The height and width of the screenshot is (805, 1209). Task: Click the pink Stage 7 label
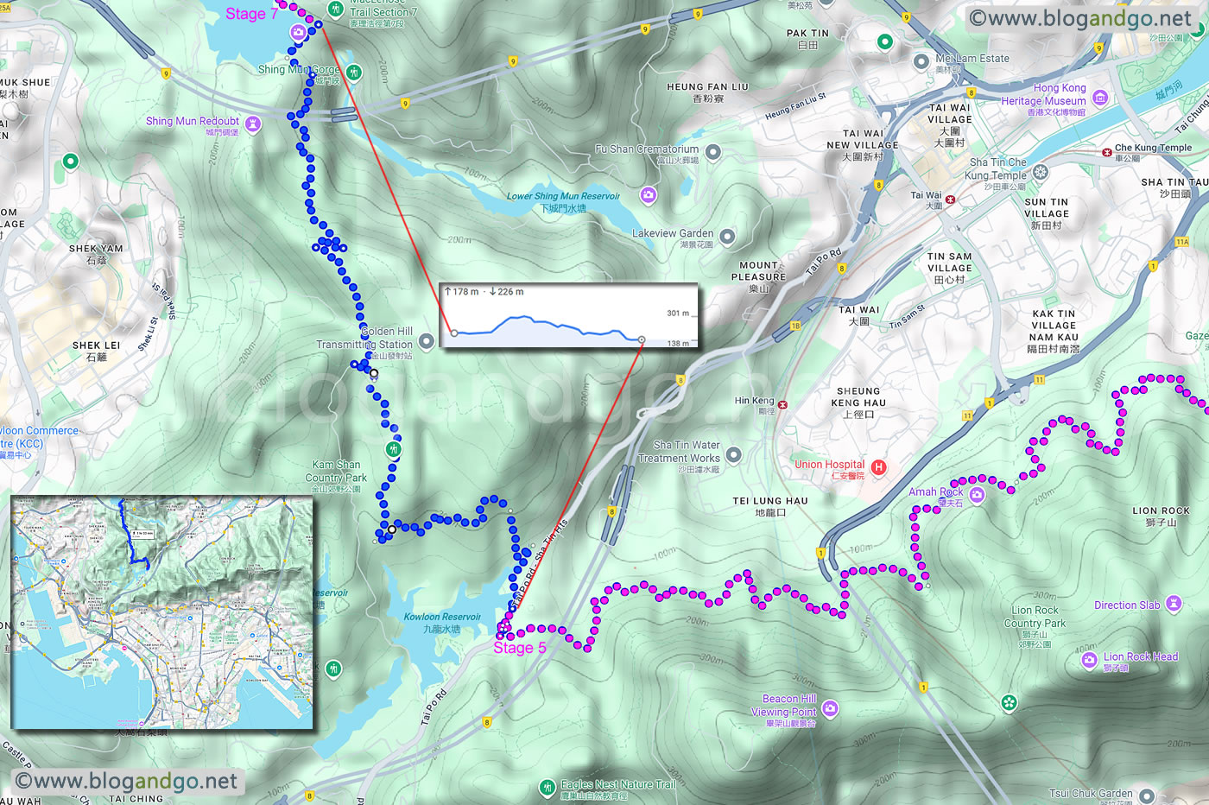251,14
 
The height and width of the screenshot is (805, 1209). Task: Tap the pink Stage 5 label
519,648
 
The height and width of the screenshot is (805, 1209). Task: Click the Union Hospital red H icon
878,467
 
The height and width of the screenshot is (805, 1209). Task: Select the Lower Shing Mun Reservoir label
563,197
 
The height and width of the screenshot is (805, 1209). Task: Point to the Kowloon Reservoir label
442,618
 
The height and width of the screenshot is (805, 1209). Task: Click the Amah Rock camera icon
977,494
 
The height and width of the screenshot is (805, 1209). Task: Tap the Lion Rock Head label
1140,657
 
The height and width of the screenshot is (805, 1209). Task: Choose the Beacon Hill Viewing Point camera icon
830,709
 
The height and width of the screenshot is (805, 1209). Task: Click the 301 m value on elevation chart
678,314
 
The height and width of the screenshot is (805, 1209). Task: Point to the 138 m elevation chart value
679,343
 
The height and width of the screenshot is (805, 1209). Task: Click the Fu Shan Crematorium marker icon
712,152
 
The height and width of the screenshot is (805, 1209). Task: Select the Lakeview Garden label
673,234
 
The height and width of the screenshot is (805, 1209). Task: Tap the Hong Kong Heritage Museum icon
1099,98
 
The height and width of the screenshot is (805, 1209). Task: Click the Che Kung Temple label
1153,148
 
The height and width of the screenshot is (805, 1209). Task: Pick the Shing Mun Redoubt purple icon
252,124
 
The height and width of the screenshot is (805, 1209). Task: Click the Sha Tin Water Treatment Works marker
733,454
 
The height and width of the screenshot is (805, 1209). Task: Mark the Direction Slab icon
1173,604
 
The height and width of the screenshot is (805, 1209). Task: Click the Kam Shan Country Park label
336,472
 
